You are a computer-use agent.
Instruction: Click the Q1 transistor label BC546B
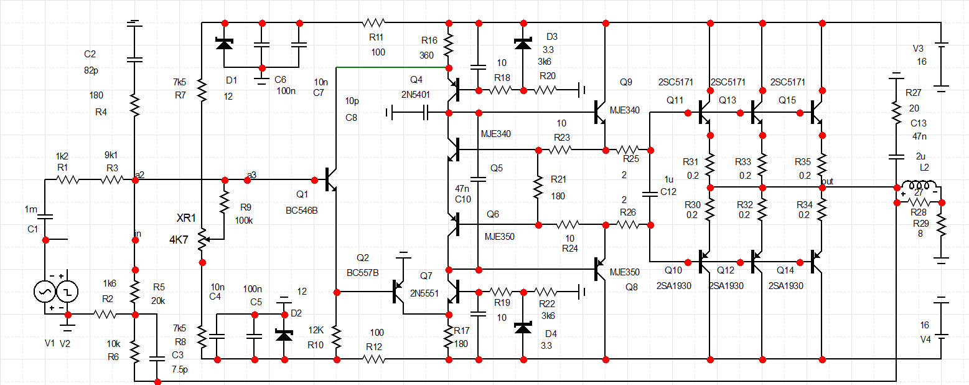coord(301,211)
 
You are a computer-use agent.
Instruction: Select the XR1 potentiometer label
coord(186,218)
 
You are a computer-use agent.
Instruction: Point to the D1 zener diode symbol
coord(224,44)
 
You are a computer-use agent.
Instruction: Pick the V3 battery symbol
coord(940,53)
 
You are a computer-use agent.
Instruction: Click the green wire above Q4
coord(392,67)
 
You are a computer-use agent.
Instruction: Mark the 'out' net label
coord(827,181)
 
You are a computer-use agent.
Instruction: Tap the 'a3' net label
coord(251,174)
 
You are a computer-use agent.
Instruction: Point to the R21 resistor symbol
coord(536,187)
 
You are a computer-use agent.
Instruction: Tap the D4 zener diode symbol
coord(523,328)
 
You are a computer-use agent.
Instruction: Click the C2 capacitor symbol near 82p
coord(134,60)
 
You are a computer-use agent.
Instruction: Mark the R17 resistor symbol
coord(448,337)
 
